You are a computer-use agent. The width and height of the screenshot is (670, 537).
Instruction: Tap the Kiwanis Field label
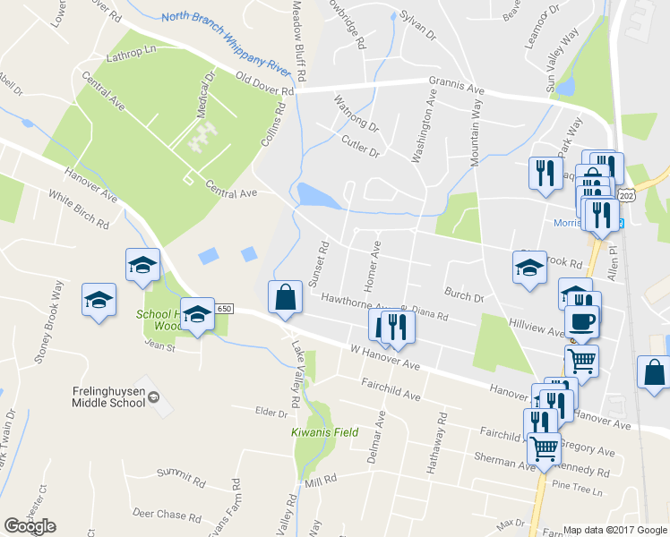(x=324, y=432)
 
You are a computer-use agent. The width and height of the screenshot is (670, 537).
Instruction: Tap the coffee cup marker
(x=581, y=322)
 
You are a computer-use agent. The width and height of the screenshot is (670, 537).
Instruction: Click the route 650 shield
(x=224, y=309)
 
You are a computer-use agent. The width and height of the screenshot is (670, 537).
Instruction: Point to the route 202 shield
(x=626, y=195)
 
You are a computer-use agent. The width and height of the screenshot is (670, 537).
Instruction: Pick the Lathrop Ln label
(x=131, y=56)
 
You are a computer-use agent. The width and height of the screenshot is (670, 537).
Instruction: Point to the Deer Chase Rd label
(x=167, y=515)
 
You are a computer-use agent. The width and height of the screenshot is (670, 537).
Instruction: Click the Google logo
(x=30, y=526)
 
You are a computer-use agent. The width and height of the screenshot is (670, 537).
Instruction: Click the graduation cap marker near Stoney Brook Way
(x=99, y=300)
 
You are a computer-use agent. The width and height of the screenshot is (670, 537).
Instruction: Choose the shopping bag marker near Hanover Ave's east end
(x=654, y=372)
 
